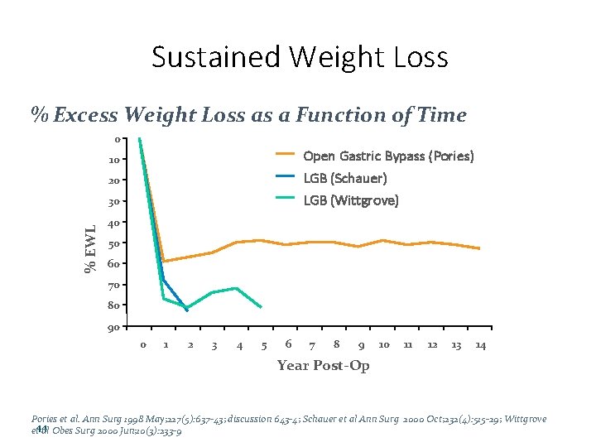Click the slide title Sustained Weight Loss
click(300, 57)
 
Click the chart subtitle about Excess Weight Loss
click(248, 115)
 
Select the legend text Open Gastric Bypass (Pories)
click(388, 156)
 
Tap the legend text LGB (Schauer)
click(345, 178)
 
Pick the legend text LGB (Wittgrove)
click(351, 200)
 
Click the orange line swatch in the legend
click(286, 154)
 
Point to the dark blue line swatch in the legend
click(286, 176)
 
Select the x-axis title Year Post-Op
click(323, 366)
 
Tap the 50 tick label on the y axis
click(114, 243)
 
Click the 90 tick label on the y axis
click(114, 328)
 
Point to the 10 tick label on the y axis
click(114, 159)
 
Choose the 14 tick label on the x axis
click(480, 345)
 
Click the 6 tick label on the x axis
click(287, 344)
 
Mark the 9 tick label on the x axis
click(361, 345)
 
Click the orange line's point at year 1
click(164, 262)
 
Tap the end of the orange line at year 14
click(479, 248)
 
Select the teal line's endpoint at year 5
click(262, 307)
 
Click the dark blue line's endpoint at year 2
click(187, 310)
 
